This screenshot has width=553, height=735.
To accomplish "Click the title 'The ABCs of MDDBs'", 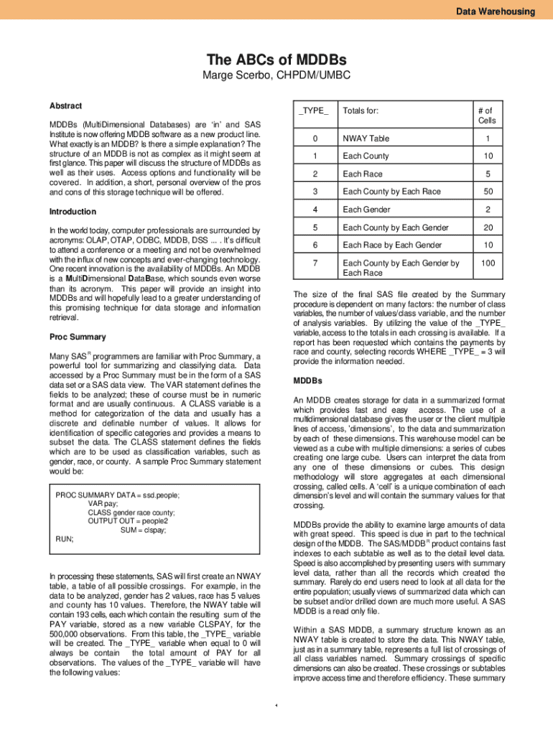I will tap(276, 60).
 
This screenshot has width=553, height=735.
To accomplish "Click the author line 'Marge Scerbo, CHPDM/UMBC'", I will tap(276, 75).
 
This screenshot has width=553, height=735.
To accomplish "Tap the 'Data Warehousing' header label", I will tap(496, 11).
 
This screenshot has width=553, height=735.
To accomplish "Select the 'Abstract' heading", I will tap(65, 106).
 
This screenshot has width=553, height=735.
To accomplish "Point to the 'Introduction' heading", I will tap(73, 212).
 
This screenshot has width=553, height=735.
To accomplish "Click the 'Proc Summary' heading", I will tap(78, 337).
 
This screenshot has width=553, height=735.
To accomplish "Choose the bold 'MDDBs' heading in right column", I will tap(308, 380).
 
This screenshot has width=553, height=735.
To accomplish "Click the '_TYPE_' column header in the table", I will tap(314, 111).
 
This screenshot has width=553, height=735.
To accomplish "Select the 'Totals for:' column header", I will tap(361, 111).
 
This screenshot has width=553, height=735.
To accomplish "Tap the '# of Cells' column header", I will tap(488, 116).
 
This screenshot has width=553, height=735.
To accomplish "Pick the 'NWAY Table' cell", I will tap(366, 139).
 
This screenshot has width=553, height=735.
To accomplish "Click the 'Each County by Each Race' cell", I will tap(391, 192).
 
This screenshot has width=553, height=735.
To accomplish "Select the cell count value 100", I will tap(488, 263).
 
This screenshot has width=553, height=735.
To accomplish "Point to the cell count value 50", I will tap(488, 192).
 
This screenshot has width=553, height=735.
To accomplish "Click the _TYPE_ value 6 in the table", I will tap(314, 245).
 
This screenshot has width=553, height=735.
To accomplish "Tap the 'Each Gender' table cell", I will tap(366, 210).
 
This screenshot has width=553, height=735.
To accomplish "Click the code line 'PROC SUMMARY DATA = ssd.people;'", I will tap(118, 495).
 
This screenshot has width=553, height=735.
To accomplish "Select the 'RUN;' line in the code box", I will tap(65, 538).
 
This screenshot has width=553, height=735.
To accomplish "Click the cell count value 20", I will tap(488, 228).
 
